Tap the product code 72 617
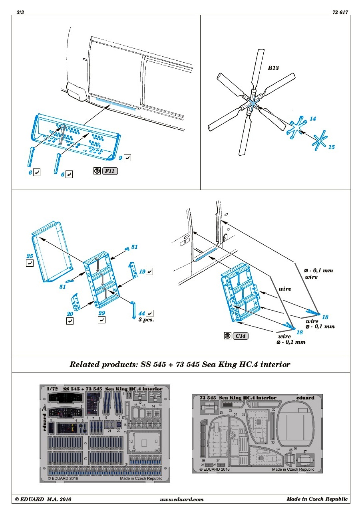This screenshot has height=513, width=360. [340, 12]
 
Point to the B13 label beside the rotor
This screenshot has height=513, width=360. [273, 68]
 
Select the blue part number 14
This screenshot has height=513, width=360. [312, 119]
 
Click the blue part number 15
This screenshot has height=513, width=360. [331, 147]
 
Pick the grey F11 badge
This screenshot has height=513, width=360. [110, 171]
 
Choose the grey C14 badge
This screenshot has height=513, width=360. [240, 336]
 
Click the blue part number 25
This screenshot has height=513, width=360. [29, 256]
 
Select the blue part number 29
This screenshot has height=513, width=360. [101, 313]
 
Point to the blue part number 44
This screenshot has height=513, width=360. [141, 313]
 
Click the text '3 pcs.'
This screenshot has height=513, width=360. [146, 320]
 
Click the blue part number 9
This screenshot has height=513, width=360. [120, 158]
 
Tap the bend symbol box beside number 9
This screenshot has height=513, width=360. [127, 158]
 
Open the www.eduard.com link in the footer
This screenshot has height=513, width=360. [182, 499]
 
